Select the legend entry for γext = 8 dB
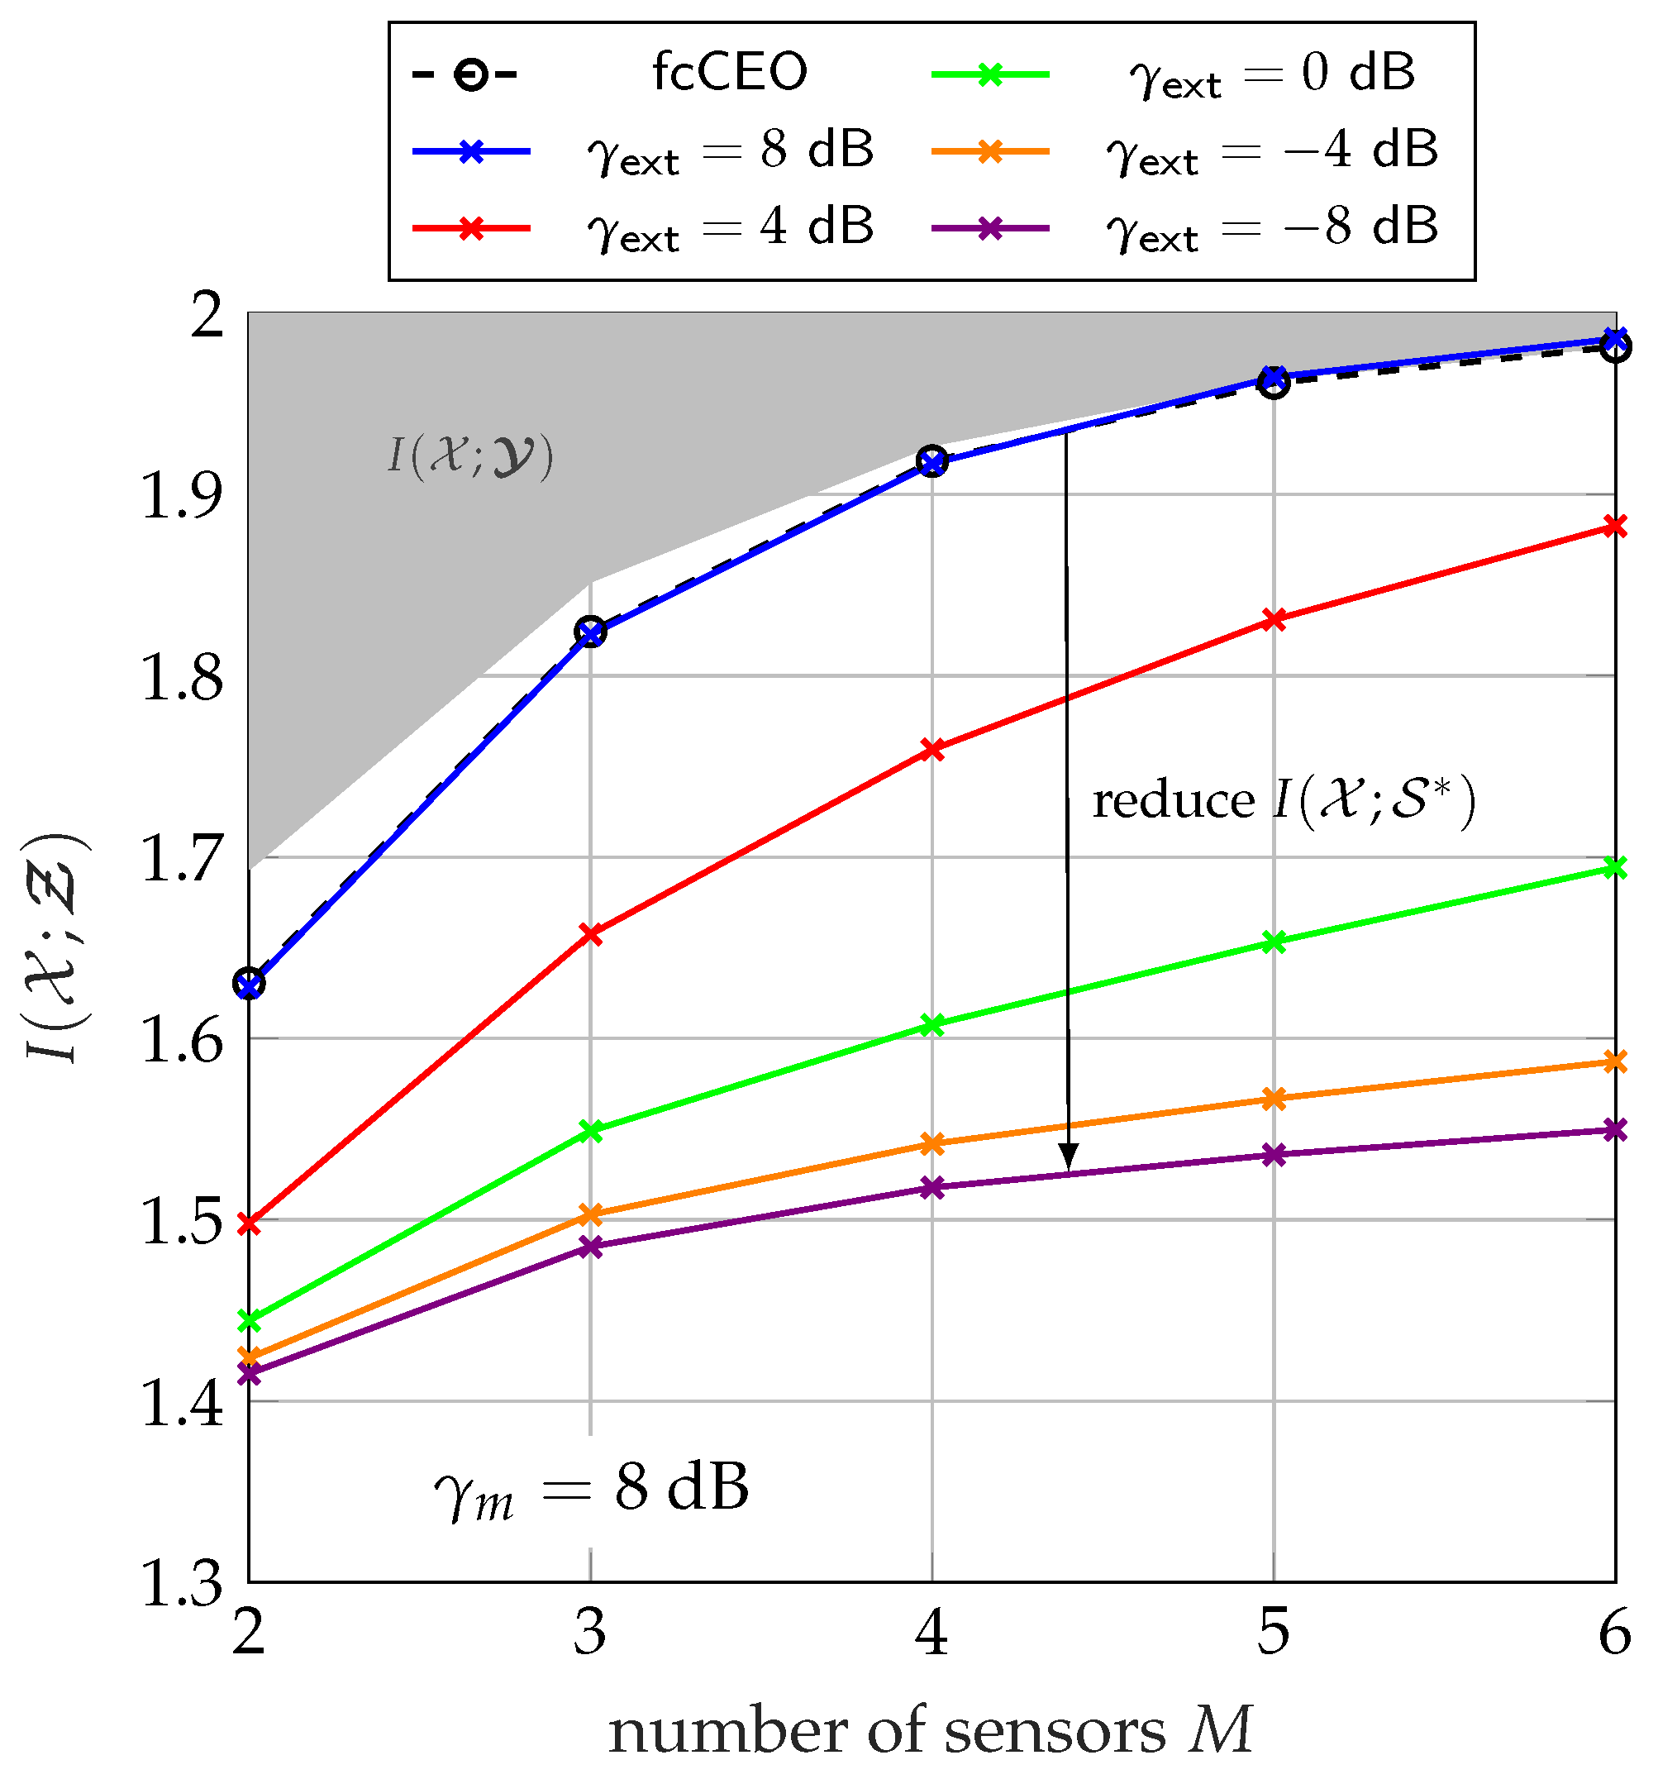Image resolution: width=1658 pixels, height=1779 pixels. (729, 150)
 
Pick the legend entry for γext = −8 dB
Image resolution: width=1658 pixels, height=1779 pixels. (1270, 227)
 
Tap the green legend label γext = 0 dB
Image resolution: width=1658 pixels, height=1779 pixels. (1270, 74)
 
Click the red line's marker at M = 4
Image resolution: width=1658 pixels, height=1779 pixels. (932, 749)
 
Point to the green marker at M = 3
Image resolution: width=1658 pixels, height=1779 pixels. (590, 1131)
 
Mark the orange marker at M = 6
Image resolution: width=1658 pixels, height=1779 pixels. (1614, 1061)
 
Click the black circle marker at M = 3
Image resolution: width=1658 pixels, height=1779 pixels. (590, 632)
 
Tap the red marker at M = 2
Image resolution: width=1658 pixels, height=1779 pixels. (250, 1223)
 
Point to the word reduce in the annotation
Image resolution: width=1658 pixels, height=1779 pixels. (1173, 800)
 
